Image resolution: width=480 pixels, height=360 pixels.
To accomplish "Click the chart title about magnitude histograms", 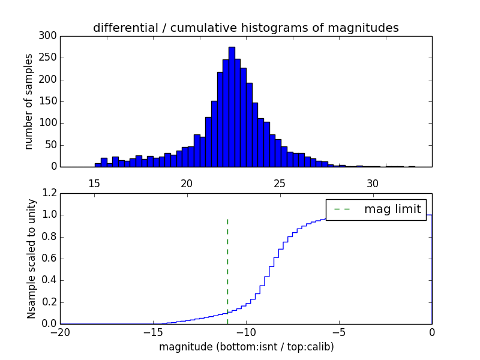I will (x=245, y=28).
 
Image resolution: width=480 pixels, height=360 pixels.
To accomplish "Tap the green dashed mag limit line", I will (x=227, y=264).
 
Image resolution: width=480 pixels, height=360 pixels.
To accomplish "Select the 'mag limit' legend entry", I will (x=376, y=209).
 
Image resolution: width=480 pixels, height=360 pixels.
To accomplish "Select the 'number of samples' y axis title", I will (x=29, y=101).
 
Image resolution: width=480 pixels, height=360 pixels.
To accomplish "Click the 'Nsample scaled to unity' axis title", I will (x=32, y=259).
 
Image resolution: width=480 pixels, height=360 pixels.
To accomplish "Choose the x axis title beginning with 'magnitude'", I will (x=246, y=347).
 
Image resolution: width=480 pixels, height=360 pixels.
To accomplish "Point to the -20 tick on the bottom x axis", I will (x=60, y=331).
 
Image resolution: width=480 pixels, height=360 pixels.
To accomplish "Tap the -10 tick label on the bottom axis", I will (x=246, y=331).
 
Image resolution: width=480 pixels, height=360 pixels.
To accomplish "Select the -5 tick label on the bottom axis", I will (x=339, y=331).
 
